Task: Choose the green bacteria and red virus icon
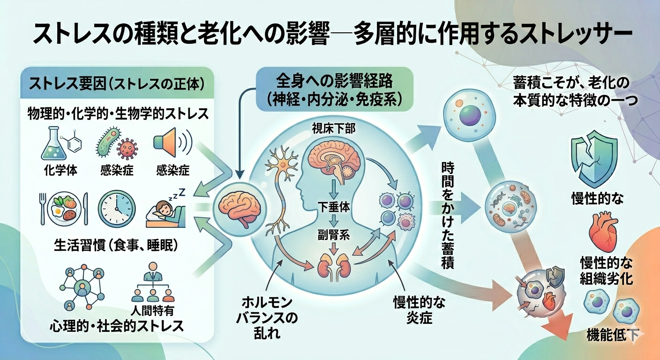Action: click(115, 142)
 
